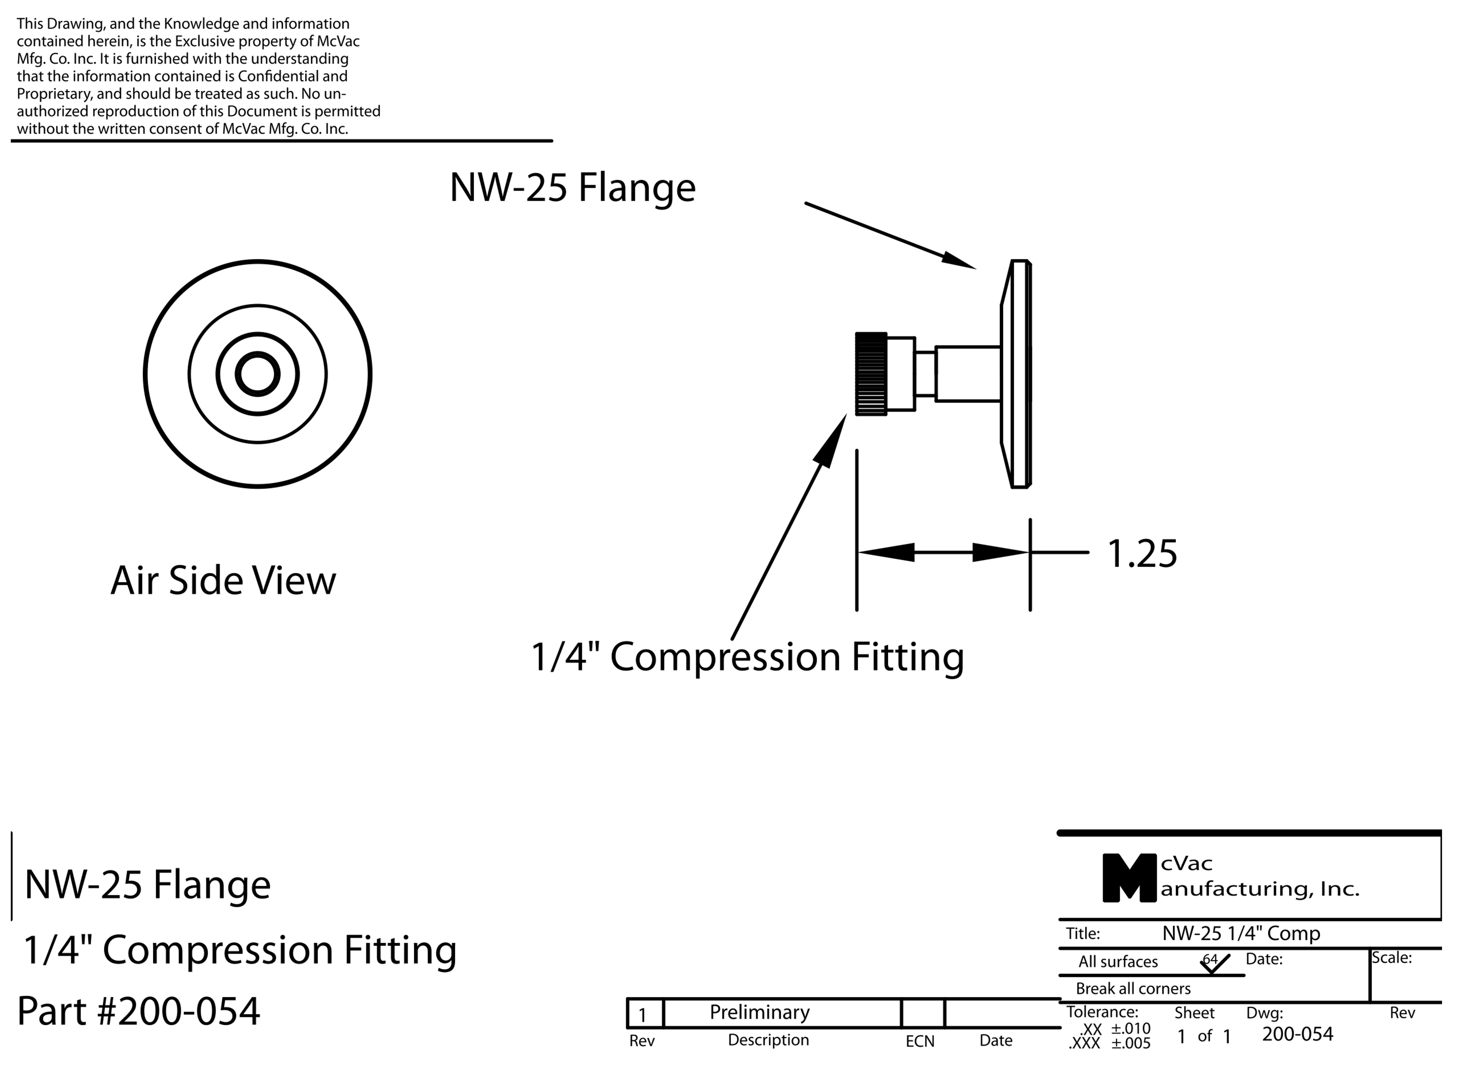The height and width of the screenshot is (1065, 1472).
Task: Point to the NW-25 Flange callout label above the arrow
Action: [572, 188]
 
